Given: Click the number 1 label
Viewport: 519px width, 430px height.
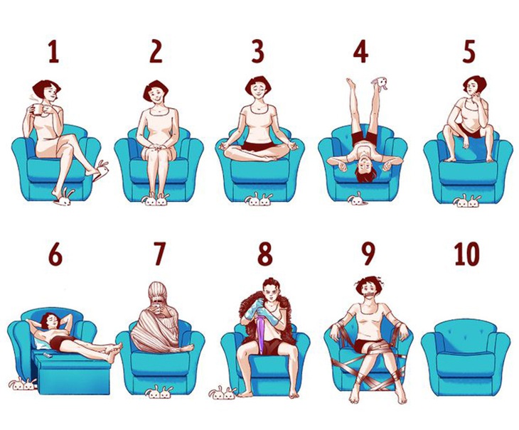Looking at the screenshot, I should pos(53,53).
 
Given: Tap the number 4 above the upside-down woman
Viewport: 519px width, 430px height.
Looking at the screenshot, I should pos(360,53).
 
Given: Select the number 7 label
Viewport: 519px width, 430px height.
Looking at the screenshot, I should pos(159,254).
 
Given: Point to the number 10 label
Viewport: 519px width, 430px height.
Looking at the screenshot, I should pos(466,254).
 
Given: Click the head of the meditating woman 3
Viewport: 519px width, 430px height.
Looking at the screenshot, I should pos(257,88).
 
